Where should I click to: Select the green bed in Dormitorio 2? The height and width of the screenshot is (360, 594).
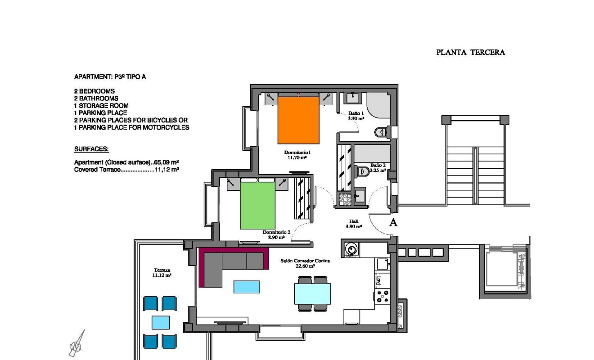257,205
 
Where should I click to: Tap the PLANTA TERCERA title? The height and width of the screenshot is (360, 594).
470,52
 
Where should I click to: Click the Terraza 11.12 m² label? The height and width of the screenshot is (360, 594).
162,272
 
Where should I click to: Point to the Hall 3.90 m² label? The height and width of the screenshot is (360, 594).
354,224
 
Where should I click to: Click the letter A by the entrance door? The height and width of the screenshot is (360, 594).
393,222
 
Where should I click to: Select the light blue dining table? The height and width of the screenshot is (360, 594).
312,294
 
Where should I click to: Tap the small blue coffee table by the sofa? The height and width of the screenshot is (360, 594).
246,287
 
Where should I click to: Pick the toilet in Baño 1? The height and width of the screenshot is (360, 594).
381,132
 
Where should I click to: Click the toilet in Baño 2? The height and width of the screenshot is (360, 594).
363,171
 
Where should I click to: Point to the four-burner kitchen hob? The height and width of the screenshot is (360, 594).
383,295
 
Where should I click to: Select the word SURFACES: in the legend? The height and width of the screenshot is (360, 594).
91,149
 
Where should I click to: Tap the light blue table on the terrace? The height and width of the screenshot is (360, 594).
161,323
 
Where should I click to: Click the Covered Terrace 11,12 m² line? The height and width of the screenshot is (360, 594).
126,170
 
